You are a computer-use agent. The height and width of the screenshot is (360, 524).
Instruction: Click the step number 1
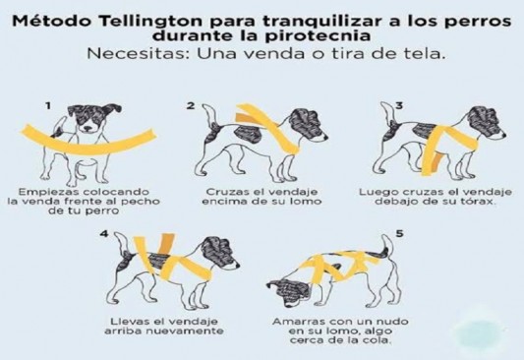pyautogui.click(x=48, y=106)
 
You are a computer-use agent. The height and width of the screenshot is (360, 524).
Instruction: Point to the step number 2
pyautogui.click(x=191, y=106)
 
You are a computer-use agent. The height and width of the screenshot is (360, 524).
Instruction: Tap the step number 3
pyautogui.click(x=399, y=106)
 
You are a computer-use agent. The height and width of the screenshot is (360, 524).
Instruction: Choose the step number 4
pyautogui.click(x=104, y=234)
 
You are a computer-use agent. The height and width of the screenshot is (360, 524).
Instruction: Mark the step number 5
pyautogui.click(x=400, y=234)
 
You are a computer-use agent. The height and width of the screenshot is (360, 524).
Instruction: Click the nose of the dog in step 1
pyautogui.click(x=87, y=128)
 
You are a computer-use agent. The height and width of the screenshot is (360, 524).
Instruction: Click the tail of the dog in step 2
pyautogui.click(x=210, y=116)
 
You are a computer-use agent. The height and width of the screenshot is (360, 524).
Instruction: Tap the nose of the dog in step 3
pyautogui.click(x=502, y=136)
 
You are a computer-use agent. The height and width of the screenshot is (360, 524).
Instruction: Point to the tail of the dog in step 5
pyautogui.click(x=387, y=246)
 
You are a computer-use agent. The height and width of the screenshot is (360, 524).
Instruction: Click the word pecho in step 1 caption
pyautogui.click(x=141, y=202)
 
